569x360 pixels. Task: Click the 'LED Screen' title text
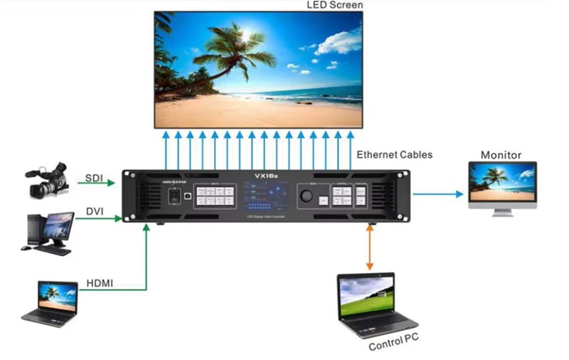[335, 6]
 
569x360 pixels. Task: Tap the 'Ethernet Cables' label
[394, 154]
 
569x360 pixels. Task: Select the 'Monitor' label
[501, 154]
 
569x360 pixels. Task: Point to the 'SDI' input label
[94, 177]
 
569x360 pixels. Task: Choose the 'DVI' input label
[95, 211]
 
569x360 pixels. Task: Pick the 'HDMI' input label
[99, 284]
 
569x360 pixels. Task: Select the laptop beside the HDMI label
[50, 302]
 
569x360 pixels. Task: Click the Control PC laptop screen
[367, 297]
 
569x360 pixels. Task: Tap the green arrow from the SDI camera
[96, 184]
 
